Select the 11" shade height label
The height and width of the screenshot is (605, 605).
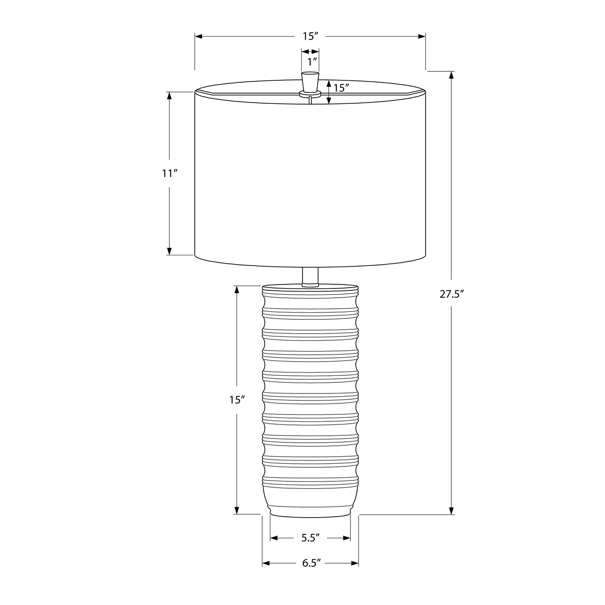point(170,174)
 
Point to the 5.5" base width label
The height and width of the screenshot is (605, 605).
point(310,538)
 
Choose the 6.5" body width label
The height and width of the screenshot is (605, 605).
point(311,563)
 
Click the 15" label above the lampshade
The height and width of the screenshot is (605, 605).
point(311,36)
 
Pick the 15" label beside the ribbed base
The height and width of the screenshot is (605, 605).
point(237,400)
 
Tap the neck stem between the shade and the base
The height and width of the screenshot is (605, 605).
point(310,277)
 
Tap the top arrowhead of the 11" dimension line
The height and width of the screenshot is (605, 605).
point(169,96)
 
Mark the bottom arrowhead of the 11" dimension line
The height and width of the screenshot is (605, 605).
point(169,251)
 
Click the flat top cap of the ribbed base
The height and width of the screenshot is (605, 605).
point(310,288)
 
